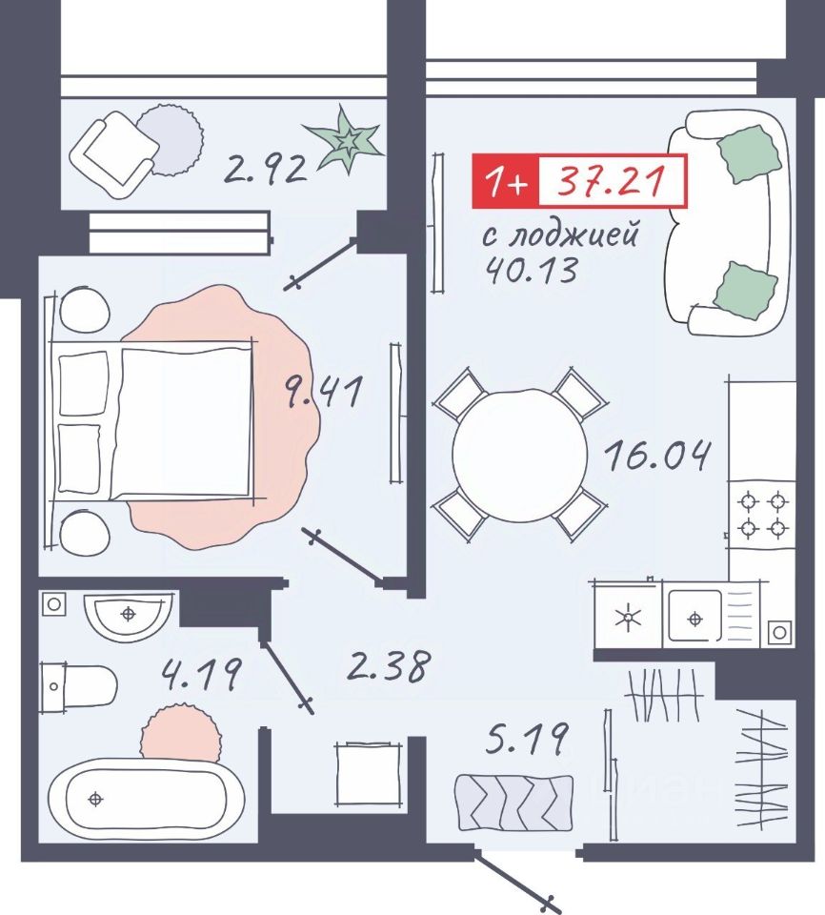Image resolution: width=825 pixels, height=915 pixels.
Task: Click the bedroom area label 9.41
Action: click(x=323, y=392)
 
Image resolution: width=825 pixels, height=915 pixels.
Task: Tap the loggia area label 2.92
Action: click(x=266, y=170)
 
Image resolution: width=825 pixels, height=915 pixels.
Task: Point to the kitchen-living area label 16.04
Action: click(x=657, y=456)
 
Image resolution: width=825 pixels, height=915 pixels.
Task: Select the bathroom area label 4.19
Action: click(x=201, y=674)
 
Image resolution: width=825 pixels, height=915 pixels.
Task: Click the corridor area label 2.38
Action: click(x=389, y=665)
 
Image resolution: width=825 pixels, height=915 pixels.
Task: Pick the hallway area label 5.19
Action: click(x=526, y=739)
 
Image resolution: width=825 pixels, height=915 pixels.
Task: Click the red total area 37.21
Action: click(x=612, y=180)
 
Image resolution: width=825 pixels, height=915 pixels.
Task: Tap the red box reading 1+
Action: click(x=505, y=181)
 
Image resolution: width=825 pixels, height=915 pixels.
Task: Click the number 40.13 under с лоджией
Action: click(x=533, y=270)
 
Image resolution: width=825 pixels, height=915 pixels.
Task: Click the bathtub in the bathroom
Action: click(x=138, y=800)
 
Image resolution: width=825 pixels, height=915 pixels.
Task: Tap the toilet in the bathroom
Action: click(x=79, y=687)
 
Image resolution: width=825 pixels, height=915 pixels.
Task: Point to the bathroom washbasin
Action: click(x=129, y=616)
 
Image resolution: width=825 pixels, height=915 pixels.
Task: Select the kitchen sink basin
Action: click(x=694, y=618)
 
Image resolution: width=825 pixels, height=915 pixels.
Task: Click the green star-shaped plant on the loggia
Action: click(x=346, y=140)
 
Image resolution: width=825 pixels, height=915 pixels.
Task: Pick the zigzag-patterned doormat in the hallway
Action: click(x=514, y=803)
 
